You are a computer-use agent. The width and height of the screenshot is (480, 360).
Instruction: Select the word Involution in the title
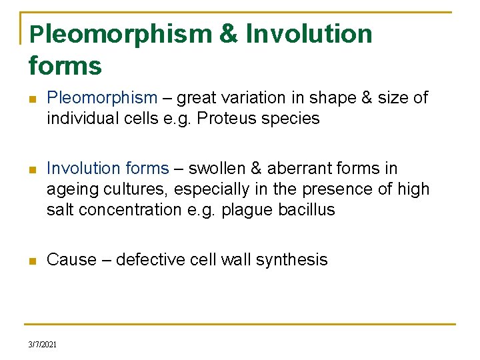(x=309, y=34)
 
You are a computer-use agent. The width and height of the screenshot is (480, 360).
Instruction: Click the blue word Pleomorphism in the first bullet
(x=102, y=98)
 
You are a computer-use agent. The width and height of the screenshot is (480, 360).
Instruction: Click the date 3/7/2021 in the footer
(x=42, y=344)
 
